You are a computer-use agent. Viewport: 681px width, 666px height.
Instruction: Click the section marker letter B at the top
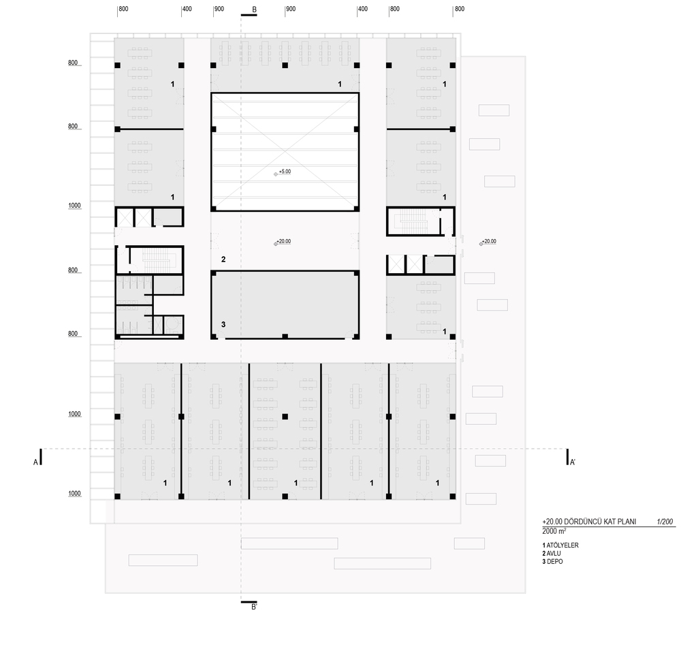(x=255, y=10)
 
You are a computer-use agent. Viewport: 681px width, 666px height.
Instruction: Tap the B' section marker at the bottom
(x=255, y=607)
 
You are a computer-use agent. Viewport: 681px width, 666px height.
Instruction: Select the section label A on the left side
(x=35, y=462)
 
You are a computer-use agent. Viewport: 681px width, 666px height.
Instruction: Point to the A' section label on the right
(x=573, y=462)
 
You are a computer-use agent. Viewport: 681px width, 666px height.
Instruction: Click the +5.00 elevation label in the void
(x=285, y=172)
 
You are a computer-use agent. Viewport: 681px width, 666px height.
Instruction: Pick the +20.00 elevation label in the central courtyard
(x=283, y=241)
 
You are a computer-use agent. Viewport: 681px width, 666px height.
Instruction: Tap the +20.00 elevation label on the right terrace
(x=488, y=241)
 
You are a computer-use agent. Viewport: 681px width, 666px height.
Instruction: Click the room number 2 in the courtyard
(x=223, y=259)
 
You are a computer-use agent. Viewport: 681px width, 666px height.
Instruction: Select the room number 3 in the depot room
(x=223, y=324)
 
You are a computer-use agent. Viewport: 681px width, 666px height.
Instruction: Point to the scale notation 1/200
(x=665, y=522)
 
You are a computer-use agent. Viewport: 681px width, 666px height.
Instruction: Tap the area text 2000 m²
(x=554, y=531)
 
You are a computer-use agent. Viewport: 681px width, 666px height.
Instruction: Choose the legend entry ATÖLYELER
(x=563, y=545)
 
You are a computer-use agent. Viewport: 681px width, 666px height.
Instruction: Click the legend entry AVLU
(x=554, y=554)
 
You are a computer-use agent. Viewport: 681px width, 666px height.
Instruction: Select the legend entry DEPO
(x=554, y=561)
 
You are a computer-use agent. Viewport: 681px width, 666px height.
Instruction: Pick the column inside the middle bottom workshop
(x=285, y=417)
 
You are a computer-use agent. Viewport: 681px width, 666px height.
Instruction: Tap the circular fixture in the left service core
(x=174, y=326)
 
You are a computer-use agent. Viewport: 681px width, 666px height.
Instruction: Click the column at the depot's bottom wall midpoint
(x=285, y=336)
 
